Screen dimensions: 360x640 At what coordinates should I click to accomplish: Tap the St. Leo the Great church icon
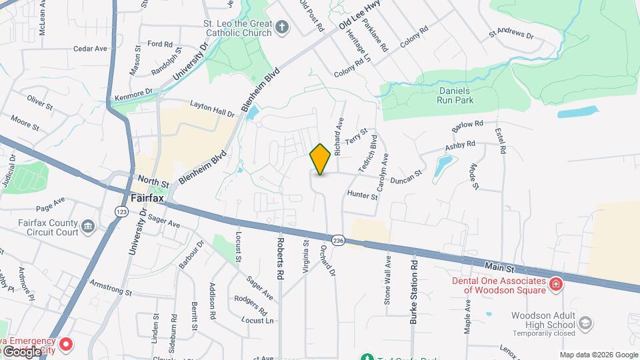(282, 27)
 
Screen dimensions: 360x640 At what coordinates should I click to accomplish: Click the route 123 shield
(121, 211)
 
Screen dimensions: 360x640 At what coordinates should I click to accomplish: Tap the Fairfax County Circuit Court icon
(87, 228)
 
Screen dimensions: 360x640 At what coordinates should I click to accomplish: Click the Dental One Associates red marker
(555, 285)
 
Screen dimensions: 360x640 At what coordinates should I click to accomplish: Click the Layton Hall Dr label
(213, 109)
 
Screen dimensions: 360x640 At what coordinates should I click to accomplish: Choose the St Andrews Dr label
(511, 31)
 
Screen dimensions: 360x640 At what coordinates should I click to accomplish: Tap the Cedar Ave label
(90, 49)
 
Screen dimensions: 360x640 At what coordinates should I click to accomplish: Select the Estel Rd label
(500, 139)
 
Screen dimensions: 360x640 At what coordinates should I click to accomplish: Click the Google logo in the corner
(22, 351)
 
